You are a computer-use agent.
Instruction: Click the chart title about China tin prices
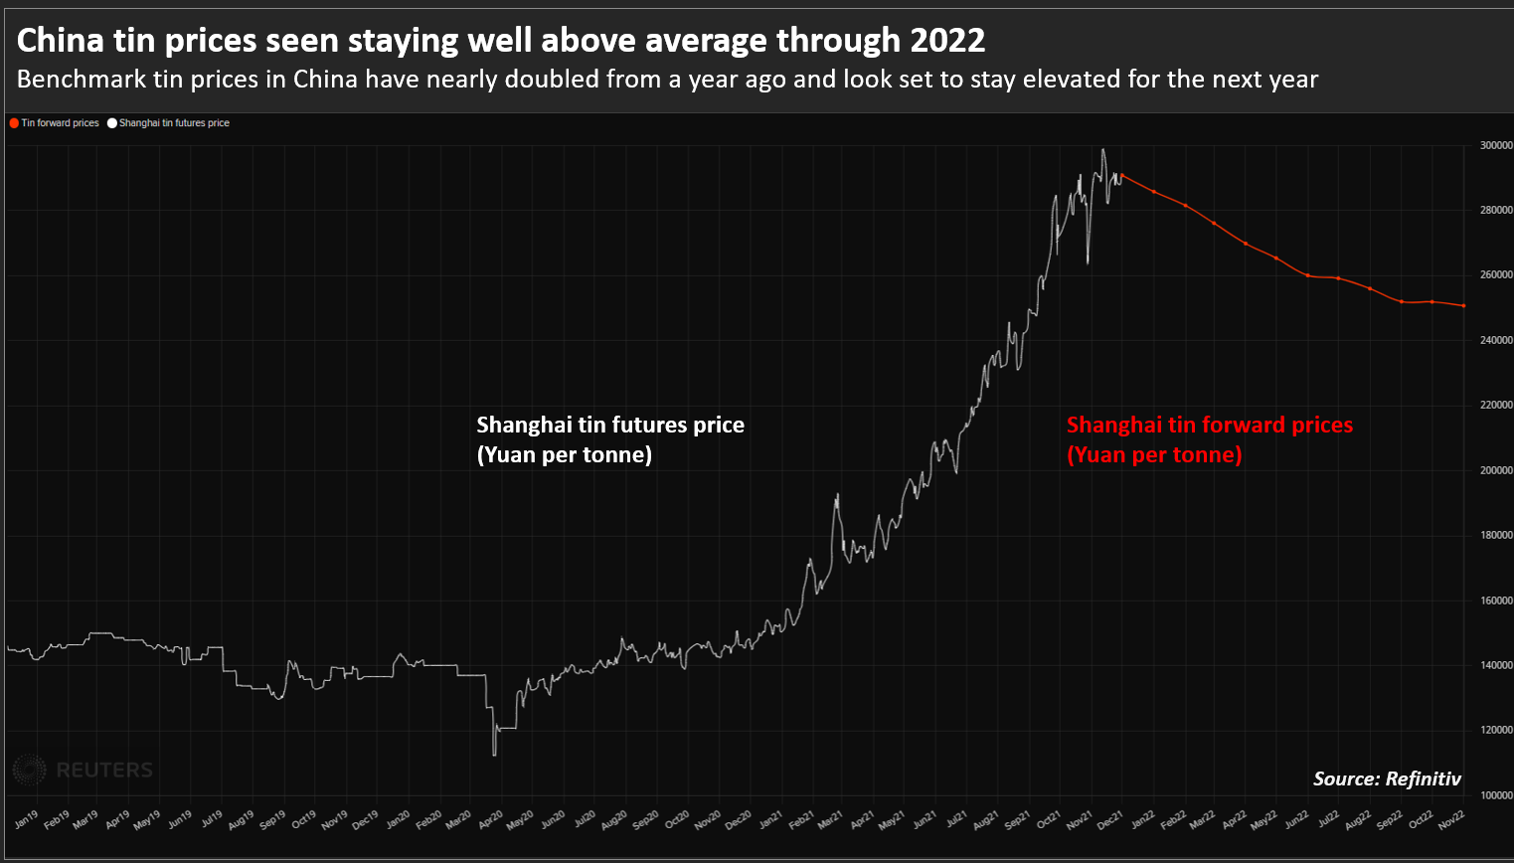[501, 41]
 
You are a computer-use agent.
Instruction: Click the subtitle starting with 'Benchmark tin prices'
[667, 80]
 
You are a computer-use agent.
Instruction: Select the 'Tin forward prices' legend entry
[56, 123]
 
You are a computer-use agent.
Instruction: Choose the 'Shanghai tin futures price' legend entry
[169, 123]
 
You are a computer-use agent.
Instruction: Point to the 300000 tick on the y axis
[1496, 145]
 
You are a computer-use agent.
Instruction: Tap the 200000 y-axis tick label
[1496, 470]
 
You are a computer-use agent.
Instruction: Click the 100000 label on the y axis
[1496, 795]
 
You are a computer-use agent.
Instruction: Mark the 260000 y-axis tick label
[1496, 275]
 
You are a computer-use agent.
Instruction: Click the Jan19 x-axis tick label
[27, 820]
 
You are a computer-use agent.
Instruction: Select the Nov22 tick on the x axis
[1451, 819]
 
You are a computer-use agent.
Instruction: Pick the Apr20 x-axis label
[491, 820]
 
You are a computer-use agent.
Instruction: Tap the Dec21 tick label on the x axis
[1110, 820]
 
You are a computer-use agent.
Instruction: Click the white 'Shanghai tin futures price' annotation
[609, 439]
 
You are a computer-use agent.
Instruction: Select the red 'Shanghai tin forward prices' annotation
[1209, 439]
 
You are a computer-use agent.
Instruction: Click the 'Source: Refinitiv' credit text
[1387, 778]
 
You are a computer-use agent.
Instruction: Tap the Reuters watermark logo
[84, 770]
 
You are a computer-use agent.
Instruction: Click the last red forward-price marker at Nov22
[1463, 305]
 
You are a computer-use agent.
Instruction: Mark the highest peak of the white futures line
[1102, 150]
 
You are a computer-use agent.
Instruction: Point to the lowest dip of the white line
[494, 755]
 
